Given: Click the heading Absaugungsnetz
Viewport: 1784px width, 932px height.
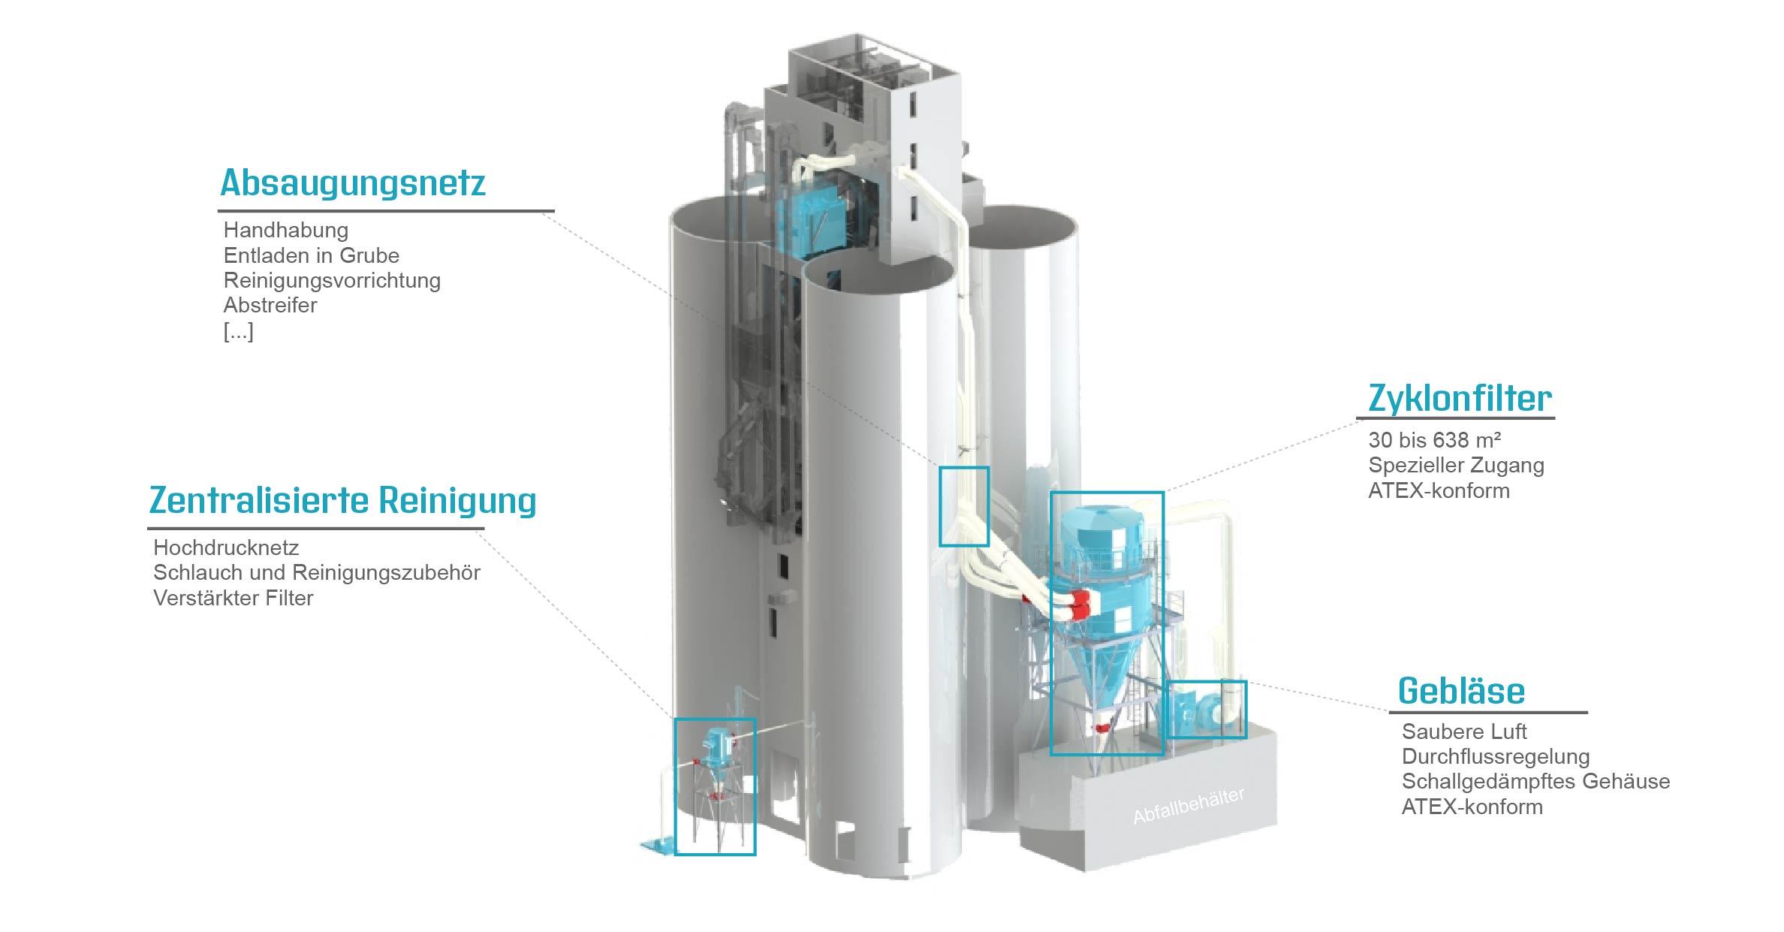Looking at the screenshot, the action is pos(353,182).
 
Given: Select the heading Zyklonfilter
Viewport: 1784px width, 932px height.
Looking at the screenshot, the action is pos(1460,398).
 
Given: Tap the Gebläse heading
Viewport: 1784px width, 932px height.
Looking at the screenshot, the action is pos(1461,691).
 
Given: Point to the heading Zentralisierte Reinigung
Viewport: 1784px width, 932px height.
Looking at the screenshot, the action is pos(343,501).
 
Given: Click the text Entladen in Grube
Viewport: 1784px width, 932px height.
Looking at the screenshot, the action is pos(311,255).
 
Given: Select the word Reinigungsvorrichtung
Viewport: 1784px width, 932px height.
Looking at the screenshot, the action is pos(332,281).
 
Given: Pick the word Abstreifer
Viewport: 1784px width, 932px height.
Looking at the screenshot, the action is pos(270,306).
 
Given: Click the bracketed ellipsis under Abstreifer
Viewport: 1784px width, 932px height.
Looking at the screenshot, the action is pos(238,331).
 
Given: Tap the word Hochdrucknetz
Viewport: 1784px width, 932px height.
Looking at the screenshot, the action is pos(226,548).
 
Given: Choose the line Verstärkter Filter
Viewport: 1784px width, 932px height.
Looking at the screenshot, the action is pos(233,599).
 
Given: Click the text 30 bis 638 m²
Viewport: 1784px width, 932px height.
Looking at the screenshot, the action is pos(1434,440).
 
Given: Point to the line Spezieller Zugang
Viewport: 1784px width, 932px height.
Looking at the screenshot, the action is pos(1456,466).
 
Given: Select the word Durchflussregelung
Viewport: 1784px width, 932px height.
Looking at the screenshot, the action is pos(1496,756).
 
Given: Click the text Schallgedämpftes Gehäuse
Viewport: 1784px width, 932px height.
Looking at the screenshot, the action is pos(1535,782).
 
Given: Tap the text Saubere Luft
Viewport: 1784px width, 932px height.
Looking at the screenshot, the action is pos(1464,731).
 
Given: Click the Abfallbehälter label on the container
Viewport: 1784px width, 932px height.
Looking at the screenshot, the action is pos(1189,806).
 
